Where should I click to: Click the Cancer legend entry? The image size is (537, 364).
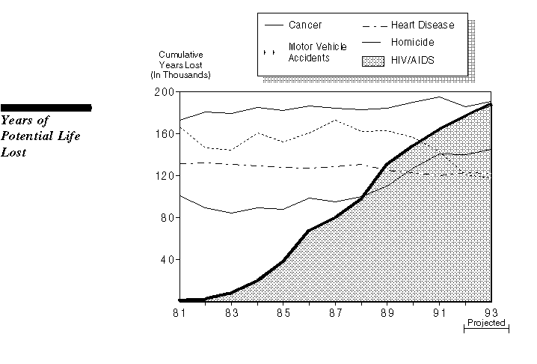coord(305,25)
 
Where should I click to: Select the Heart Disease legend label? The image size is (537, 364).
coord(422,25)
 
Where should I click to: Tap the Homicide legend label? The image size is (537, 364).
coord(412,42)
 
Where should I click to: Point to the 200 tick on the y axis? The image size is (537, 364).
coord(164,92)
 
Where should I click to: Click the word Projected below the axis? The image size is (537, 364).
coord(486,324)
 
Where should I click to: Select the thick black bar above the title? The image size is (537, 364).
coord(46,108)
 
